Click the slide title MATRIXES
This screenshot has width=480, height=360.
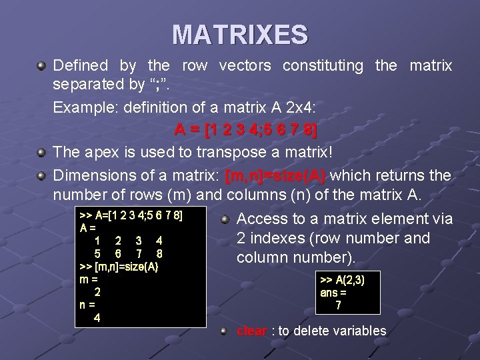[240, 35]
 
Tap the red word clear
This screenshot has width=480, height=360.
[252, 331]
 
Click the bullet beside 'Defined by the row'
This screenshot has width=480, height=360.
[41, 66]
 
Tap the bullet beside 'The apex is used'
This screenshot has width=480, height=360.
[41, 153]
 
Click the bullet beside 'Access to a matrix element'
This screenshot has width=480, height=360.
[225, 219]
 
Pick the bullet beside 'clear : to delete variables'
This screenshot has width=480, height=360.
[225, 331]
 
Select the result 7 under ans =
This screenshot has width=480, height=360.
[339, 305]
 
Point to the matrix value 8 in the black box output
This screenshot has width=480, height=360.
[159, 254]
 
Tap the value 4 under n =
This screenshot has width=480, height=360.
[97, 317]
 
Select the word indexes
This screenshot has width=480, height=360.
[281, 239]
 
